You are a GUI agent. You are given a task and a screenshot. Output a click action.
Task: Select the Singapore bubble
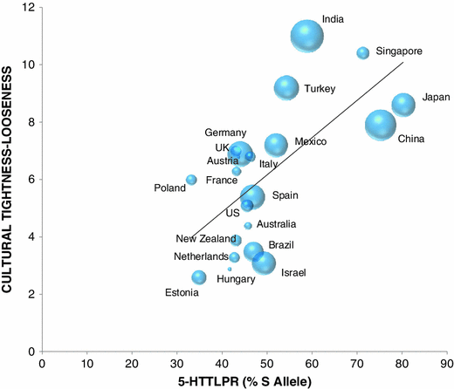363,53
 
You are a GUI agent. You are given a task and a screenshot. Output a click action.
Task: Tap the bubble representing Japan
403,105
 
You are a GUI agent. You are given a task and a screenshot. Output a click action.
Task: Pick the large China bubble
381,126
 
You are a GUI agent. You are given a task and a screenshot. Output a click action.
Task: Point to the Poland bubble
191,180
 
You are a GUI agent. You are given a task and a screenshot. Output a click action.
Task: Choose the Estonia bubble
199,277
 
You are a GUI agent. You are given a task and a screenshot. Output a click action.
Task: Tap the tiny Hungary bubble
230,270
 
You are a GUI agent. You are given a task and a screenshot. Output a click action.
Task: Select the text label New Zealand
203,239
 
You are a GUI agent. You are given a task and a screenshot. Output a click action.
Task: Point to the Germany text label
225,133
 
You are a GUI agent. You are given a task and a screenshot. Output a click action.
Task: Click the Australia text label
275,224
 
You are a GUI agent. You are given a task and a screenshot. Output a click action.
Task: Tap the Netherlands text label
199,257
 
